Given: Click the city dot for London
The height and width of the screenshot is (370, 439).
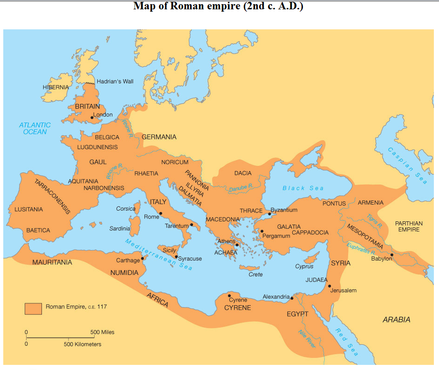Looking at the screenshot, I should pos(92,117).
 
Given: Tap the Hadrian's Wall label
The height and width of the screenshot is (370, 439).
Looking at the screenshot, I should pos(115,82).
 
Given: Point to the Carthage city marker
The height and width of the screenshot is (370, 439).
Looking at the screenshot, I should pos(142,258).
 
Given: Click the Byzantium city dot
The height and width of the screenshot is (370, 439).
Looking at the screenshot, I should pos(269,213).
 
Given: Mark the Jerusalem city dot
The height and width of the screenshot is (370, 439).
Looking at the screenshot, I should pos(329,286).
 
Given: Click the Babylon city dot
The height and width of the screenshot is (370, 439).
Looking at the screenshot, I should pos(392,255).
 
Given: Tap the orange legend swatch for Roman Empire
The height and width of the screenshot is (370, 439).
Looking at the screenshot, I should pos(33,308).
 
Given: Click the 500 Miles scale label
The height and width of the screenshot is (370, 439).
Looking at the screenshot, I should pos(102,332).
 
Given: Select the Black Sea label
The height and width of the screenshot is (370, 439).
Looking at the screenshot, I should pos(303,188).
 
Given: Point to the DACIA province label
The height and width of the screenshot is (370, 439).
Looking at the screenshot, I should pos(243,173).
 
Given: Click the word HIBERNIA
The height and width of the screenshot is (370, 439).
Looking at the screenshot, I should pos(55,87).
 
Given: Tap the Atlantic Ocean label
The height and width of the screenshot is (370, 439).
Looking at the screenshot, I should pos(35,128).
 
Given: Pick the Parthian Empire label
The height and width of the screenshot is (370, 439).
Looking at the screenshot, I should pos(409,226).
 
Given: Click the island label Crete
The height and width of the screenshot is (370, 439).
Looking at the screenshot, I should pos(255,274).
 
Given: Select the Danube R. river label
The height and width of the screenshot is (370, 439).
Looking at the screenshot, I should pos(240,187).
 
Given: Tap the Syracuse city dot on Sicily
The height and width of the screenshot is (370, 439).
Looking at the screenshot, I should pos(176,257).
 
